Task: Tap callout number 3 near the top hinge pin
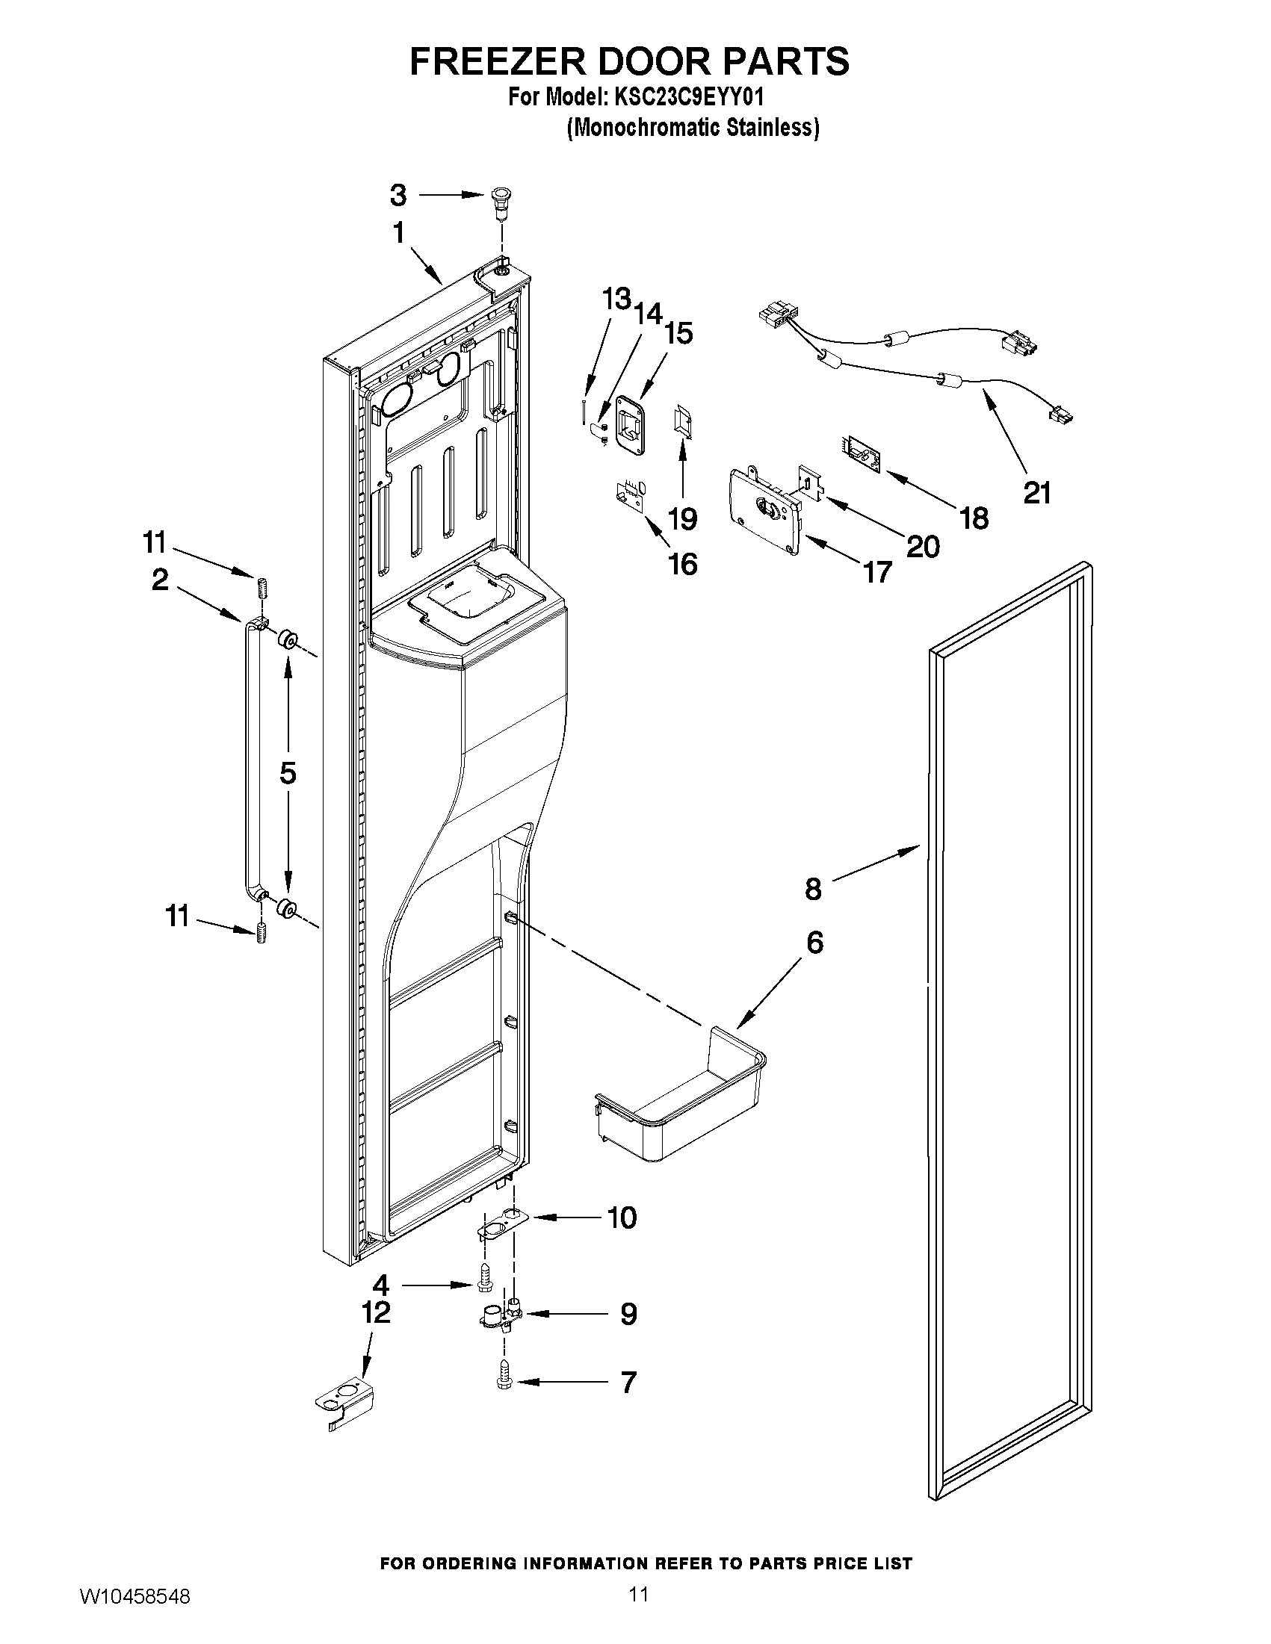click(x=398, y=195)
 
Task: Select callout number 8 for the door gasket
click(x=813, y=888)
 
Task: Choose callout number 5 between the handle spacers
click(x=288, y=773)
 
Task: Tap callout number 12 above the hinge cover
click(x=376, y=1312)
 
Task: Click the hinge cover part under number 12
click(x=344, y=1399)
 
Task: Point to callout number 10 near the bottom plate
click(x=622, y=1218)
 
